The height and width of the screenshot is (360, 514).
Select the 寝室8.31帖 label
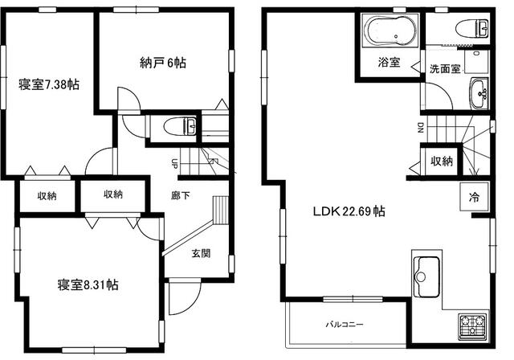tap(88, 284)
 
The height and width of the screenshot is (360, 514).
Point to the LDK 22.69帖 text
tap(348, 212)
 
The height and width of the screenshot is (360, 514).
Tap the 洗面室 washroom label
tap(443, 69)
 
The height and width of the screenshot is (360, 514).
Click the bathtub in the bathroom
tap(389, 31)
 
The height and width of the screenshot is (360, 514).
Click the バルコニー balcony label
tap(341, 325)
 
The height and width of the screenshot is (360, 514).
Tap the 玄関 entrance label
tap(200, 254)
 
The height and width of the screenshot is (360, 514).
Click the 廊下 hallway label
tap(180, 194)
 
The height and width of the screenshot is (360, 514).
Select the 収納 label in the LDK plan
tap(441, 161)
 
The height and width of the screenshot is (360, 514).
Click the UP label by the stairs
tap(174, 164)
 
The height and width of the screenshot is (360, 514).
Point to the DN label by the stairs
tap(420, 127)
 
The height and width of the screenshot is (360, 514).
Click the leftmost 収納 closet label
tap(47, 195)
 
